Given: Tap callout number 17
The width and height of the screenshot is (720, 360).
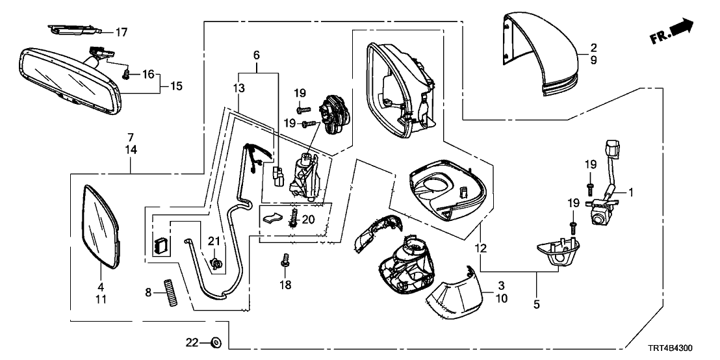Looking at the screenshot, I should (x=122, y=31).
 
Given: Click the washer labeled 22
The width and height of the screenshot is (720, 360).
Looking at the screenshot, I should (x=215, y=341).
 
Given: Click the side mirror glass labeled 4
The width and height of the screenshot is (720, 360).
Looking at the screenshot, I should (x=101, y=225).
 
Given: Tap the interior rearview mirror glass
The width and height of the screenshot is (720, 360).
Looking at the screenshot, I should (x=68, y=75).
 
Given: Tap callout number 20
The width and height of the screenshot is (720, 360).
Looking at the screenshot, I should (x=307, y=219).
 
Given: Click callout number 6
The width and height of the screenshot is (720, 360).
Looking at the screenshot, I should (x=256, y=55).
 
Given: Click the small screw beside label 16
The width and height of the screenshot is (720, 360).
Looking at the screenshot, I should (x=127, y=75).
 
